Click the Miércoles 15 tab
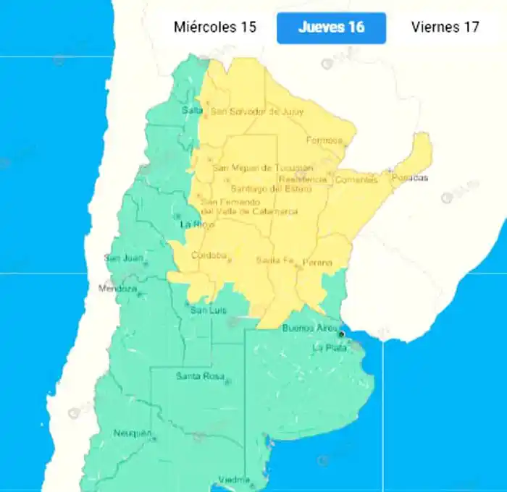[x=215, y=27]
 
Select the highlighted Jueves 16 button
[x=331, y=28]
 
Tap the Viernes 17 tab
[x=445, y=27]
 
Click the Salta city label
[x=192, y=110]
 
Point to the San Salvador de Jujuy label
[x=256, y=111]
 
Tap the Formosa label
[x=324, y=140]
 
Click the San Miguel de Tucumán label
[x=262, y=168]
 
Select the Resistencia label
[x=303, y=179]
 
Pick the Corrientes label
[x=356, y=179]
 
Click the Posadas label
[x=410, y=177]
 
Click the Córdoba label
[x=209, y=255]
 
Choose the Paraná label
[x=317, y=262]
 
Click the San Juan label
[x=121, y=258]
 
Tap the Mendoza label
[x=117, y=289]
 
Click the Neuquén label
[x=132, y=433]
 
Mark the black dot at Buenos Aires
[x=341, y=334]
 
